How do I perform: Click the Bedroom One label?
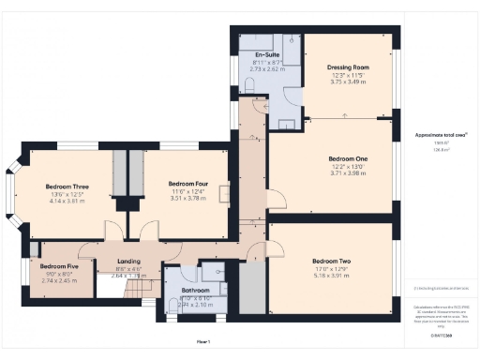click(348, 158)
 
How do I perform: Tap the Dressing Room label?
click(348, 67)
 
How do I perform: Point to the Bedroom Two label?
click(331, 260)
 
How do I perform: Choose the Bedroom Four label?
click(187, 184)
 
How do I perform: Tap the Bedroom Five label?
click(59, 266)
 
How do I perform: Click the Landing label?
click(127, 262)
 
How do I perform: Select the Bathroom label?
click(195, 290)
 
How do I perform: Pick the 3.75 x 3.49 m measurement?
click(348, 82)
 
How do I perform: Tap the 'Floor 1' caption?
click(202, 341)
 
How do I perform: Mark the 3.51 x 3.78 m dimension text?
click(187, 198)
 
